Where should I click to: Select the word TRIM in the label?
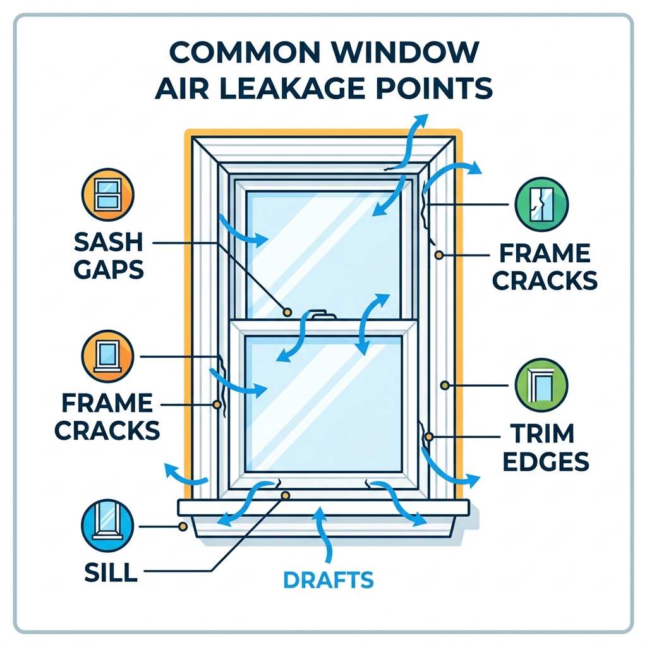coord(542,433)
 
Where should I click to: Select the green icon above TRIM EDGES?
coord(542,385)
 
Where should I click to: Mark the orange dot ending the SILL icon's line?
coord(182,526)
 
